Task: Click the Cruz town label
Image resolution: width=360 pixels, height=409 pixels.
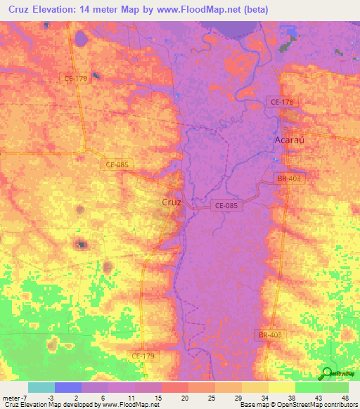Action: point(172,202)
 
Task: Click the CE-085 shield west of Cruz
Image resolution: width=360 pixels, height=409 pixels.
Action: point(118,164)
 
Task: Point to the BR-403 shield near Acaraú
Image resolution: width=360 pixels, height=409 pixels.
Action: point(289,179)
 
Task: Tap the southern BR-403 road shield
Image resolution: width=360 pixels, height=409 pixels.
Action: point(288,335)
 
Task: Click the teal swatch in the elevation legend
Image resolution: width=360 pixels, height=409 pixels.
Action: point(41,387)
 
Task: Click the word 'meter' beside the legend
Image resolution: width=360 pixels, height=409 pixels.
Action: point(12,398)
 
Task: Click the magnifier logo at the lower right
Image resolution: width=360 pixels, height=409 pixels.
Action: point(327,373)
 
